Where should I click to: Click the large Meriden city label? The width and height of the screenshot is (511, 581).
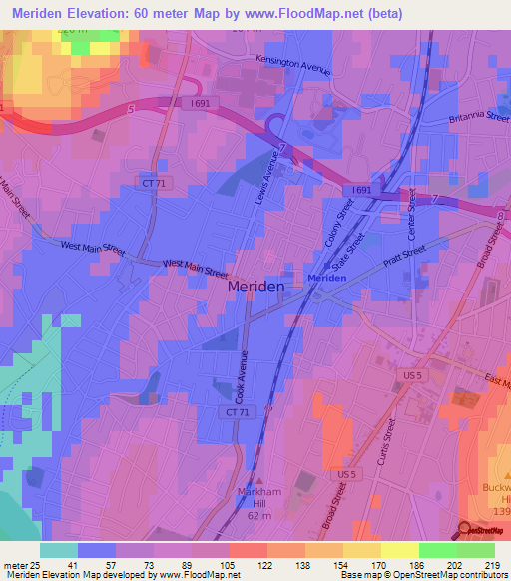256,286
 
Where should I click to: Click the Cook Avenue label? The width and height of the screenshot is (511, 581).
243,373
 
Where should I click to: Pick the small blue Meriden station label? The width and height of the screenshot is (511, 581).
325,278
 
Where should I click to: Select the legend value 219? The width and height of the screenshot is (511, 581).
497,565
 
